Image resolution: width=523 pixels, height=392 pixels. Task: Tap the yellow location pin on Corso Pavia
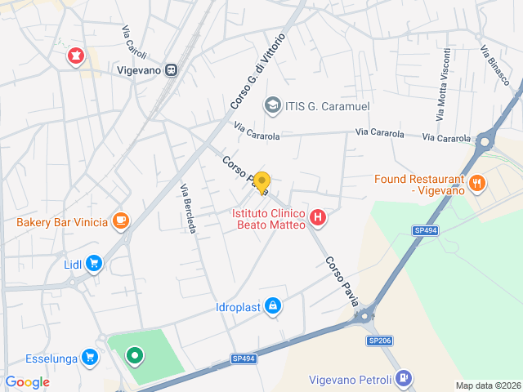coord(261,181)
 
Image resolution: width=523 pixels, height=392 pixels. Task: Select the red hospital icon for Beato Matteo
coord(319,218)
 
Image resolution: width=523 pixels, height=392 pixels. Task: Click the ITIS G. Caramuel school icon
coord(271,105)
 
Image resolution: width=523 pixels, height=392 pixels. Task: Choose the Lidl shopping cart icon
coord(94,263)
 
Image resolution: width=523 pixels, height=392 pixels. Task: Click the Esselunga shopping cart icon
coord(90,356)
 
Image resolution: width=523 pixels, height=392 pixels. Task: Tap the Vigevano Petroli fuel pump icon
coord(403,378)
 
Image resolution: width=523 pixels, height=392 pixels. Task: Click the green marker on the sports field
coord(135,356)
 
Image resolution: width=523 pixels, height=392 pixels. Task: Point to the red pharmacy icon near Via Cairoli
coord(75,56)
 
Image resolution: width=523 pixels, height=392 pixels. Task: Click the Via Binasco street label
coord(496,65)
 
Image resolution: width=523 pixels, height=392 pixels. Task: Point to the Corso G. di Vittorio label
coord(258,72)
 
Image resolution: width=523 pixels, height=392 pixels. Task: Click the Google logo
coord(28,382)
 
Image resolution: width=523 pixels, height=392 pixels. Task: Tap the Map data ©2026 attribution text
coord(487,385)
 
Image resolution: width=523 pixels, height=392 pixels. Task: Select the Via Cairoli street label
coord(134,43)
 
